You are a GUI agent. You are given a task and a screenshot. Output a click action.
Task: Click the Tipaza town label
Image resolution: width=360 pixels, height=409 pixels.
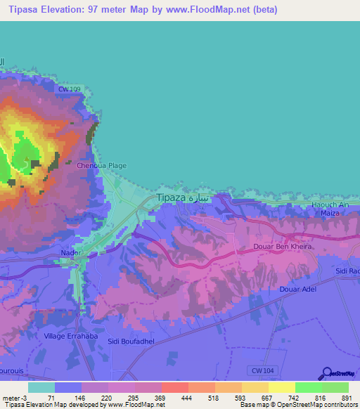(171, 198)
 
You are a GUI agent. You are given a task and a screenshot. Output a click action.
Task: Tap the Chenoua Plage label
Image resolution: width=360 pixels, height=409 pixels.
(106, 166)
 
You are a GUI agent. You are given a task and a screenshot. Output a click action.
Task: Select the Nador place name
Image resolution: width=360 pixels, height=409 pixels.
(72, 252)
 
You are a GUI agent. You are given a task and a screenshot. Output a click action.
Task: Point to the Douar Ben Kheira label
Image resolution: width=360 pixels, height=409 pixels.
(282, 248)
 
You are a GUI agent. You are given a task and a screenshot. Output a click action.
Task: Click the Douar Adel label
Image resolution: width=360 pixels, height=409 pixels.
(298, 289)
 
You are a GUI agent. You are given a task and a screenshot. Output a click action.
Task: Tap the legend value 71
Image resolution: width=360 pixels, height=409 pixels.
(51, 397)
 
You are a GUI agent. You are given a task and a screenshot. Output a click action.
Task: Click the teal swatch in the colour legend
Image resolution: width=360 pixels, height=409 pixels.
(41, 387)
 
